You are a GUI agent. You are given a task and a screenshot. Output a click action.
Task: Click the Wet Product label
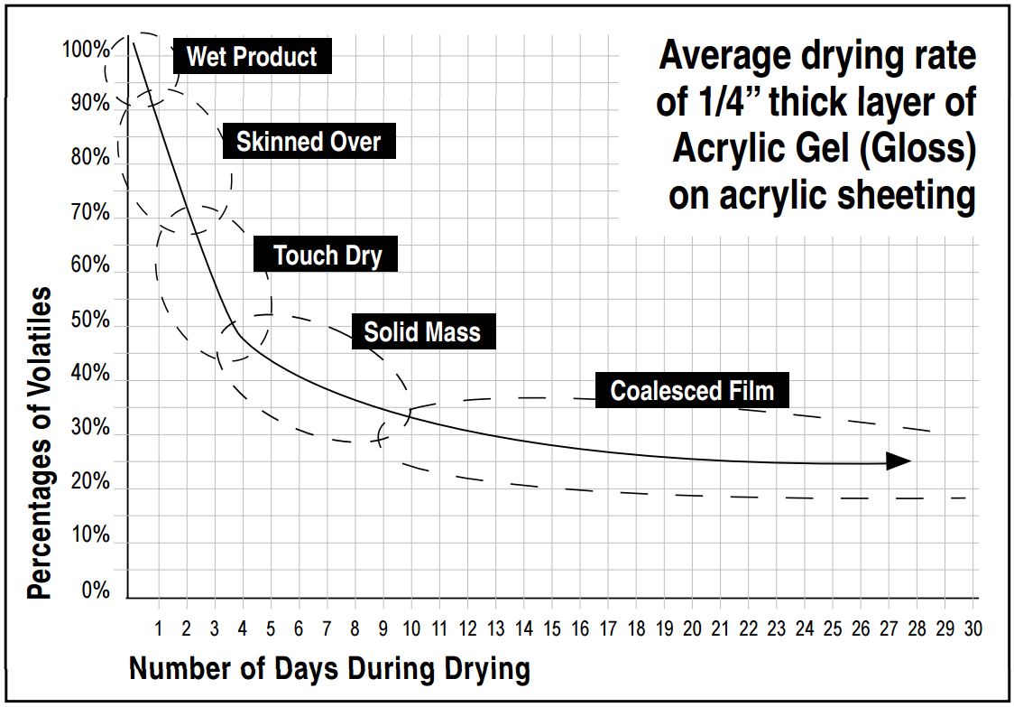[x=252, y=57]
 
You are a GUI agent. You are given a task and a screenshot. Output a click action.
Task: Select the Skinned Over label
[x=309, y=142]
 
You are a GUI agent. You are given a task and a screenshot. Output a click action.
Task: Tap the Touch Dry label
[x=327, y=256]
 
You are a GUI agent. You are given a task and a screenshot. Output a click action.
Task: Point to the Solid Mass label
[x=422, y=332]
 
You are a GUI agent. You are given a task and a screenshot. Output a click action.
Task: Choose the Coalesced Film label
[x=692, y=391]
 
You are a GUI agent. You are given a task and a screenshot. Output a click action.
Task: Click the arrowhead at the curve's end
[x=899, y=461]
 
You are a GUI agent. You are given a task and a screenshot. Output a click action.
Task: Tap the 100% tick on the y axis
[x=86, y=49]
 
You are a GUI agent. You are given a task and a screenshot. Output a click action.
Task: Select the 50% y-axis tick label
[x=90, y=321]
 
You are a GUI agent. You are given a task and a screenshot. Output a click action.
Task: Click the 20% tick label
[x=90, y=482]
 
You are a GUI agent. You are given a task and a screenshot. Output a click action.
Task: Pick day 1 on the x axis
[x=159, y=628]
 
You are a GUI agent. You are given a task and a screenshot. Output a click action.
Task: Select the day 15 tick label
[x=552, y=628]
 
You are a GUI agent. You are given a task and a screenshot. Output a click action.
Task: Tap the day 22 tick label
[x=749, y=628]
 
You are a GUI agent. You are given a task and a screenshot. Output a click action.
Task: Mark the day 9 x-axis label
[x=383, y=628]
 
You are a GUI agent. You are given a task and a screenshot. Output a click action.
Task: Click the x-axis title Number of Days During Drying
[x=329, y=669]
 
